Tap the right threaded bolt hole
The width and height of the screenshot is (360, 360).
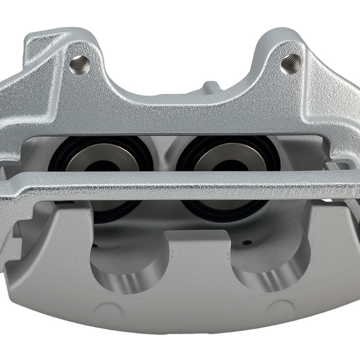pyautogui.click(x=290, y=62)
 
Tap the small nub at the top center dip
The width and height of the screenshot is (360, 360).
pyautogui.click(x=209, y=87)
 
